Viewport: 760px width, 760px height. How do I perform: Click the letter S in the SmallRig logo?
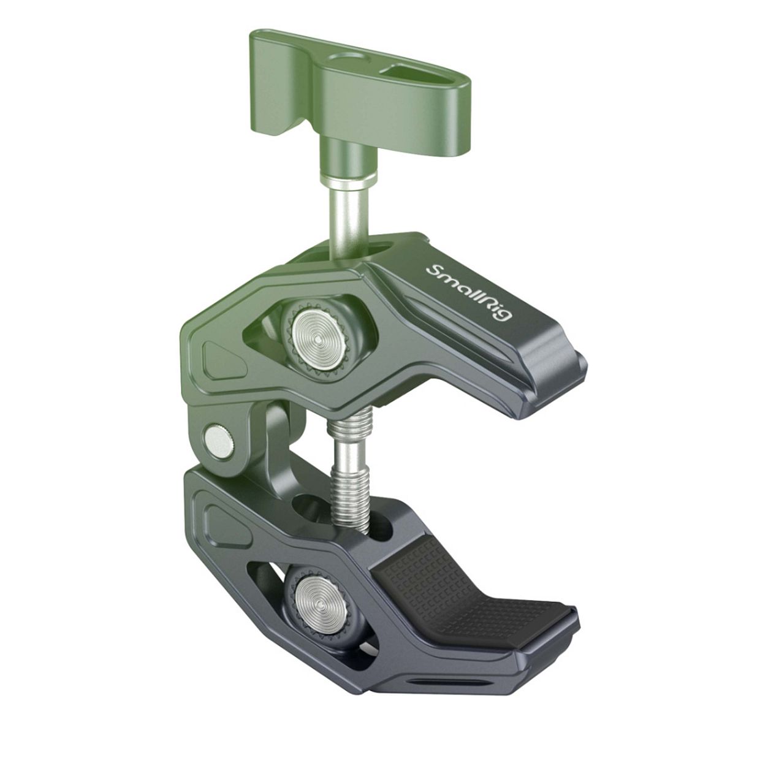[433, 270]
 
